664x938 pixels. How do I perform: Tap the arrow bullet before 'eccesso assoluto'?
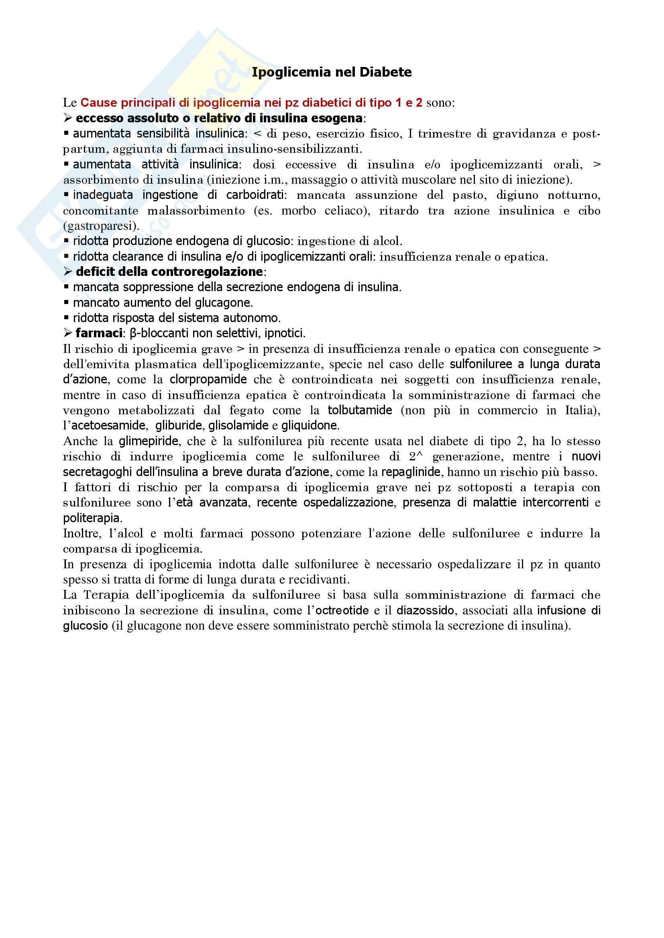coord(67,118)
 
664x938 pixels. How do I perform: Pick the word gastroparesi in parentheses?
coord(101,226)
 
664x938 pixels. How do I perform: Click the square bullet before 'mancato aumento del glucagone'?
coord(66,303)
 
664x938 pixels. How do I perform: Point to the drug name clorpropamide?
coord(208,379)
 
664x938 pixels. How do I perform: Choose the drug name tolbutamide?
coord(360,410)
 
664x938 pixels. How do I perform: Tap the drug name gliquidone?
coord(310,426)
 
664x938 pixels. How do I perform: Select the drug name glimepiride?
coord(149,441)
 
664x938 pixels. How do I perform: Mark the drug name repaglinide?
coord(411,472)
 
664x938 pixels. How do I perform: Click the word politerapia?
coord(92,519)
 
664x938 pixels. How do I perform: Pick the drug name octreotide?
coord(342,611)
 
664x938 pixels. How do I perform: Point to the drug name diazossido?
coord(425,611)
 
